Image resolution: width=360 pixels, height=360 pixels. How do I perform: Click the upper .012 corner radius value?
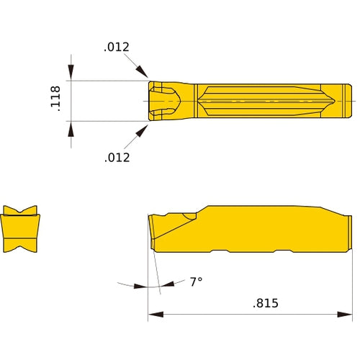tap(116, 48)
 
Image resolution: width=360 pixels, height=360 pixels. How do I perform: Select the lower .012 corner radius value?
tap(117, 157)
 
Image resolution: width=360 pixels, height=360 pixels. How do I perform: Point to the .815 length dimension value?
tap(266, 305)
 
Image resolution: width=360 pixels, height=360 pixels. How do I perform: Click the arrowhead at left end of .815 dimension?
tap(153, 315)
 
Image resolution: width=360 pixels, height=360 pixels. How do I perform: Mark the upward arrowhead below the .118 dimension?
tap(71, 127)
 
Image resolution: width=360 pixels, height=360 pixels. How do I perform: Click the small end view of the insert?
tap(21, 229)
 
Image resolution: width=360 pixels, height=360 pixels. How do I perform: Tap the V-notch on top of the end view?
tap(21, 212)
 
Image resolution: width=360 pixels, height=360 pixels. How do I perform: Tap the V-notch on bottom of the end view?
tap(21, 248)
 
